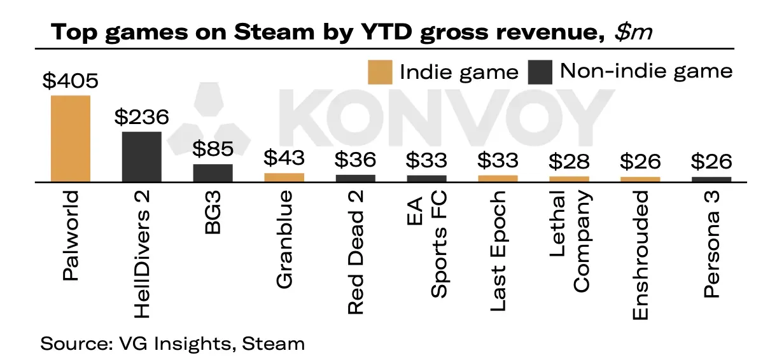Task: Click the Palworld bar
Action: pos(71,139)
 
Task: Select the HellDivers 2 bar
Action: pos(142,156)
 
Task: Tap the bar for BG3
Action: pos(213,172)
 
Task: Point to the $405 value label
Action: pos(71,81)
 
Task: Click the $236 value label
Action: pos(142,118)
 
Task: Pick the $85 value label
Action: pos(213,150)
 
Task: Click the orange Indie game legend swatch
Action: pos(380,72)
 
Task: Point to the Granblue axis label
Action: pos(284,239)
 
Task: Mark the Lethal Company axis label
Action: pos(570,242)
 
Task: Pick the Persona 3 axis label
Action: pos(712,246)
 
